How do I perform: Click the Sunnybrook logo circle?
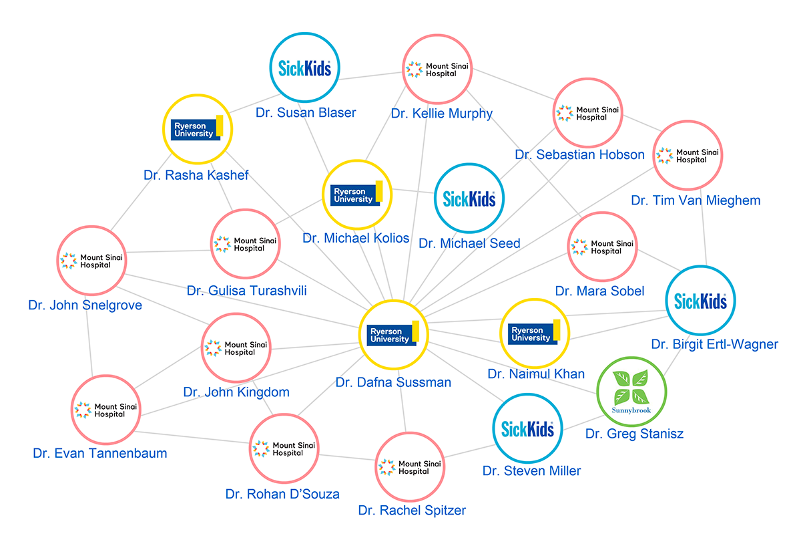(631, 389)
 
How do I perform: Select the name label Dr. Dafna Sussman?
(393, 383)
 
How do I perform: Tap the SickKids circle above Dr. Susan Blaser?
(304, 67)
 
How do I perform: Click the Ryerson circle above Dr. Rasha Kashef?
(198, 128)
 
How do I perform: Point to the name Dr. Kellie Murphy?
(442, 114)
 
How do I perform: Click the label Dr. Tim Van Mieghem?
(696, 200)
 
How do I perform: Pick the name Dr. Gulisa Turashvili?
(247, 291)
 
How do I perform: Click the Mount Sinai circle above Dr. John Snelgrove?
(91, 261)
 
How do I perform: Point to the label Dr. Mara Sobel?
(599, 291)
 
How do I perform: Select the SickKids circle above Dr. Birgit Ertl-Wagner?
(700, 301)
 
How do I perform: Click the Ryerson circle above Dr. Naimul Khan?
(534, 333)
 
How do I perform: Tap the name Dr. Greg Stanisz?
(634, 434)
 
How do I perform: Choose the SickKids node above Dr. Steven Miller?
(527, 428)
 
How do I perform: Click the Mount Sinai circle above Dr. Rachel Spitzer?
(409, 467)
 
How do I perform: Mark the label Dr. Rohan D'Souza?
(282, 495)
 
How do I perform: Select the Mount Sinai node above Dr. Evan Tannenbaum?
(105, 410)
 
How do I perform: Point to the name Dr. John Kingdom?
(236, 392)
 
